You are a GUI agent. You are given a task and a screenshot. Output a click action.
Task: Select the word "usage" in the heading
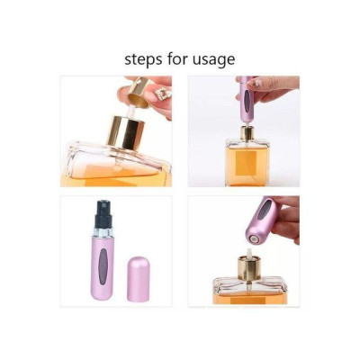(x=214, y=60)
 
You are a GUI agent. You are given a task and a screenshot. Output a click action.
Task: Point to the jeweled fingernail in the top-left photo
(x=165, y=94)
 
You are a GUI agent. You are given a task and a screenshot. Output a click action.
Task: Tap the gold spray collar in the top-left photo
(x=126, y=132)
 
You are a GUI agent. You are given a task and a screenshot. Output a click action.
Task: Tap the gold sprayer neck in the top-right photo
(x=247, y=133)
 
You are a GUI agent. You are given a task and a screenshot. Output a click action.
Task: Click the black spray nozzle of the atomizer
(x=104, y=213)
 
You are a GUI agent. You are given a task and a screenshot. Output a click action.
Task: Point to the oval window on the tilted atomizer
(x=264, y=210)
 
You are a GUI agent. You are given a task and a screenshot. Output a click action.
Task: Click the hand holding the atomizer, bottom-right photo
(x=285, y=214)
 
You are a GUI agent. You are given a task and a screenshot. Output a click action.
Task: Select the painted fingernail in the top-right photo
(x=256, y=85)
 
